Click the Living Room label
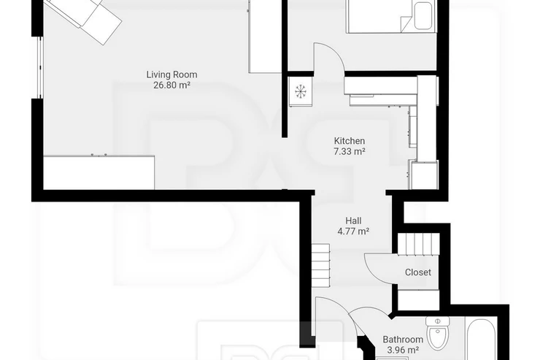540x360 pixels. pos(171,74)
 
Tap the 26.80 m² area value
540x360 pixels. pos(171,85)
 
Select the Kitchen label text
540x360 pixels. pos(350,141)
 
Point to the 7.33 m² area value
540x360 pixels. pos(350,151)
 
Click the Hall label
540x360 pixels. pos(353,221)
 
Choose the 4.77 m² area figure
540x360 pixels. pos(353,231)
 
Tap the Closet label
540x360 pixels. pos(417,272)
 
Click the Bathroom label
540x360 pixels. pos(403,340)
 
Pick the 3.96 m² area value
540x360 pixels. pos(403,351)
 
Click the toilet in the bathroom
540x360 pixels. pos(437,333)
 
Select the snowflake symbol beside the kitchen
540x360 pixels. pos(301,91)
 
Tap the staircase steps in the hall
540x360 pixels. pos(321,265)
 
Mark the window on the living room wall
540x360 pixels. pos(40,67)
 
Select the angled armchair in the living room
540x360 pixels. pos(84,18)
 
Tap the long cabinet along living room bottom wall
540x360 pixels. pos(99,172)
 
